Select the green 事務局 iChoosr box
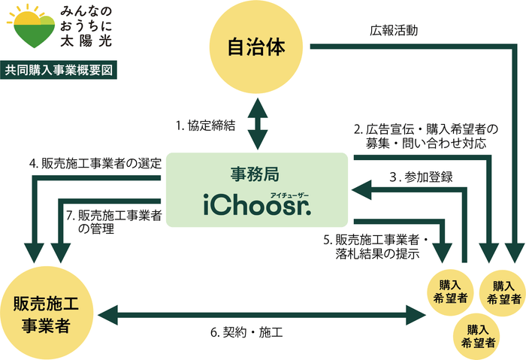[258, 190]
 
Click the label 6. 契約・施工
[255, 331]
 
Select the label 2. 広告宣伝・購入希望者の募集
[426, 135]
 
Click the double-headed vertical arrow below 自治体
[258, 124]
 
